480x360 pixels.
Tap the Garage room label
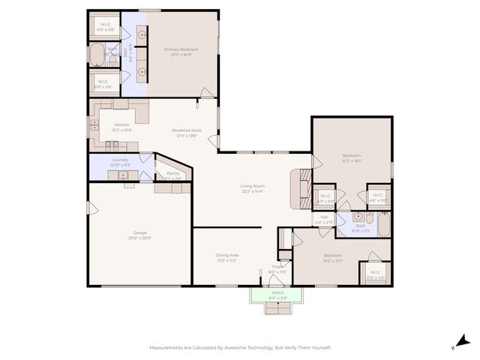pyautogui.click(x=139, y=232)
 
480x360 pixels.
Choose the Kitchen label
pyautogui.click(x=121, y=124)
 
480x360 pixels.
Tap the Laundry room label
pyautogui.click(x=121, y=160)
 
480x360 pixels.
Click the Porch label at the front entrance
pyautogui.click(x=277, y=292)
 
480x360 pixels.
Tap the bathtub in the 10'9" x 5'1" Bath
pyautogui.click(x=382, y=225)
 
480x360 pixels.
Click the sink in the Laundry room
pyautogui.click(x=123, y=175)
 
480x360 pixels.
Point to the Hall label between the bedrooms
pyautogui.click(x=324, y=217)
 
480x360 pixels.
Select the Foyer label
pyautogui.click(x=277, y=266)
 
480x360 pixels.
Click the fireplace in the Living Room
pyautogui.click(x=301, y=187)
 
